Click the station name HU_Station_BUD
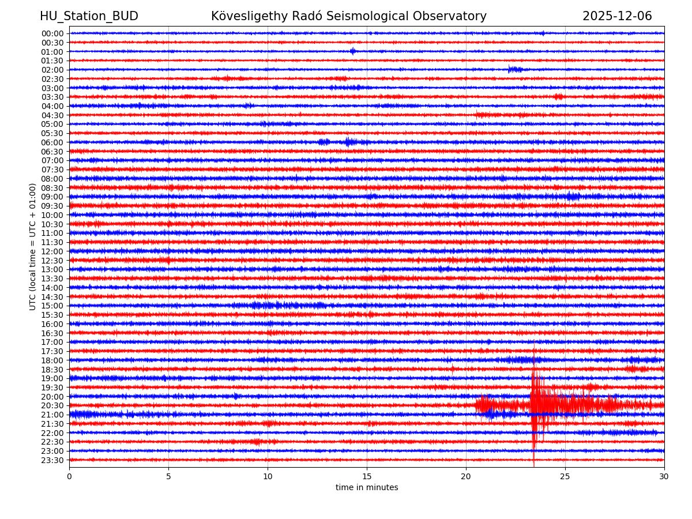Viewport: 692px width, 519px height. tap(89, 16)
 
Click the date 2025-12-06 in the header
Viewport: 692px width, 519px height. tap(617, 16)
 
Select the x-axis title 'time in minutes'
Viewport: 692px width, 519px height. tap(367, 487)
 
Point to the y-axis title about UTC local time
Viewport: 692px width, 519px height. tap(33, 247)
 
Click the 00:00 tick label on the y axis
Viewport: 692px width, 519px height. tap(52, 33)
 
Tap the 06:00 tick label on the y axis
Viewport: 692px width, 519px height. tap(52, 142)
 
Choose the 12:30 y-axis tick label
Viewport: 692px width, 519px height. tap(52, 261)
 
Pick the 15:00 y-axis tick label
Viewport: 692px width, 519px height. tap(52, 306)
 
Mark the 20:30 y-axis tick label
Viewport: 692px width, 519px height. tap(52, 405)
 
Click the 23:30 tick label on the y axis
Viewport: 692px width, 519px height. tap(52, 460)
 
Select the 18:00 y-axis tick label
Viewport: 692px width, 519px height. tap(52, 360)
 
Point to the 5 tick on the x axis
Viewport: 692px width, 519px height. tap(168, 476)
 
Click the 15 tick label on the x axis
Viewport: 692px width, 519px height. tap(367, 476)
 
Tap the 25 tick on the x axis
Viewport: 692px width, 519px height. tap(565, 476)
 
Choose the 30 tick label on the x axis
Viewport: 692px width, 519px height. tap(664, 476)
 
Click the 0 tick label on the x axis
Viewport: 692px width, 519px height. tap(69, 476)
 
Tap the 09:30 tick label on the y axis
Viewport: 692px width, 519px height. tap(52, 206)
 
